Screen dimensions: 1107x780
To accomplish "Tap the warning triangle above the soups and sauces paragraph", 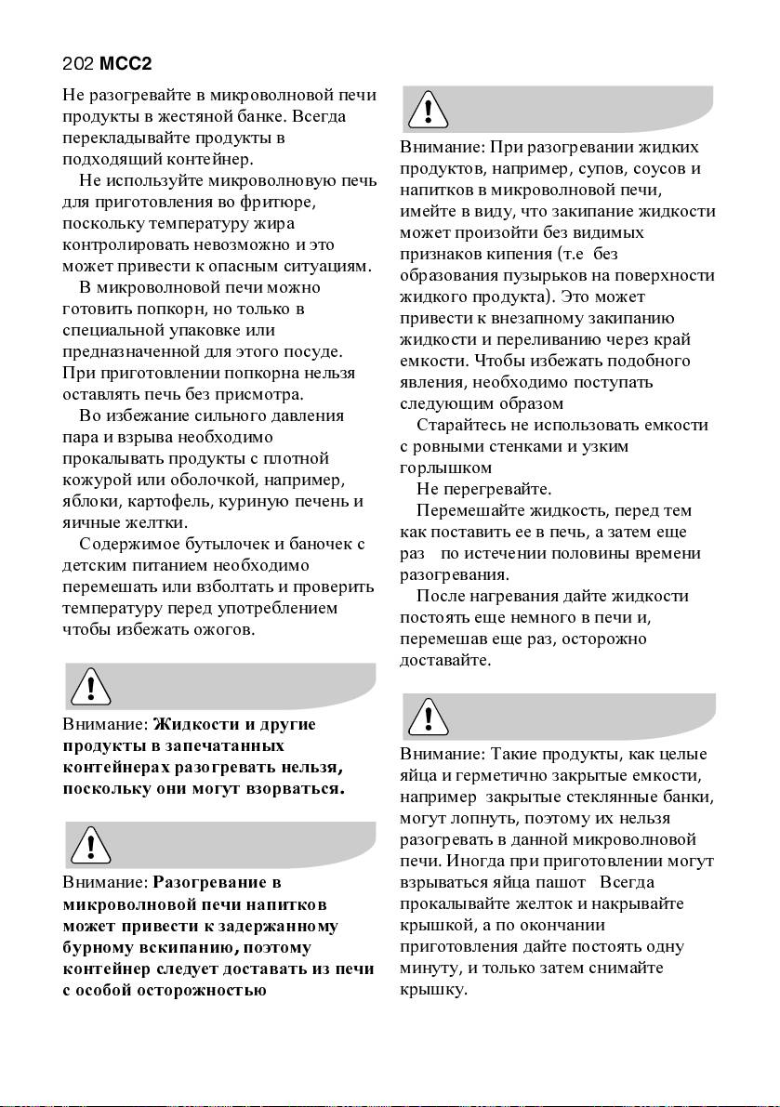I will (x=426, y=111).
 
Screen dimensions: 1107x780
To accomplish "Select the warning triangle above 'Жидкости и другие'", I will (x=90, y=688).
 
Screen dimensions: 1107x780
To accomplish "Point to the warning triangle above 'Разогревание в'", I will (x=90, y=845).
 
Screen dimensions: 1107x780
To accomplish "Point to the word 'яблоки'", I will (x=85, y=502).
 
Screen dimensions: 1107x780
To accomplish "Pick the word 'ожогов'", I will (x=221, y=630).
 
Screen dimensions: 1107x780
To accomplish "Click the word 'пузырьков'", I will (x=544, y=275).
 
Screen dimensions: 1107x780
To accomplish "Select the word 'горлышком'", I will (x=445, y=468).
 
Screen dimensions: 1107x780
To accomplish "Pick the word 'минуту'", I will (x=425, y=968).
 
